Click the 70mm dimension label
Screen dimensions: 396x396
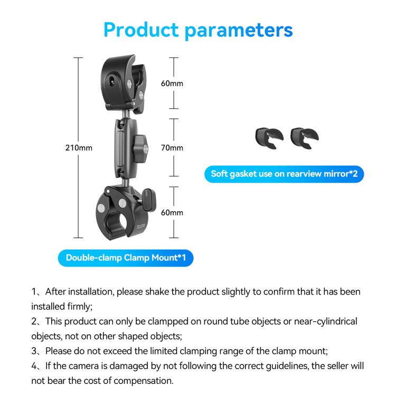point(172,148)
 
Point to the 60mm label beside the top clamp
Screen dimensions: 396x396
point(172,83)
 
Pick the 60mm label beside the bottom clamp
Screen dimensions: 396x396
point(172,212)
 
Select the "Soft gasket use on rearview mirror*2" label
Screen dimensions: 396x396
point(284,174)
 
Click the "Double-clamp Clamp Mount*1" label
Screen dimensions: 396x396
point(125,258)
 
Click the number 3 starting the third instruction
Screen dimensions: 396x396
point(34,351)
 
